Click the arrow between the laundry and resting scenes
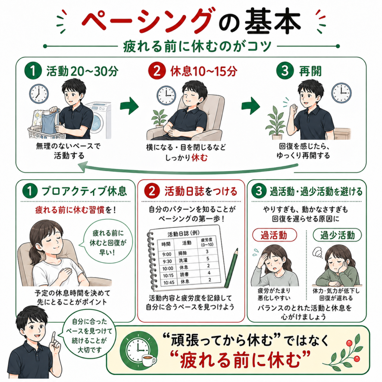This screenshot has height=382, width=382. click(129, 106)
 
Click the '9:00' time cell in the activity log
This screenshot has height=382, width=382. click(167, 254)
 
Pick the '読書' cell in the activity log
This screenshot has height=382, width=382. click(184, 274)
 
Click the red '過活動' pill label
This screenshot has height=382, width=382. click(274, 235)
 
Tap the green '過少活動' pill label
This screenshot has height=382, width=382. click(337, 235)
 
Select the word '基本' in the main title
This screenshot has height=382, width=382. click(272, 22)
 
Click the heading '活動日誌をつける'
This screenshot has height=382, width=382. click(201, 191)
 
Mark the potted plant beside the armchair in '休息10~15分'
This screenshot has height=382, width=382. click(160, 118)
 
